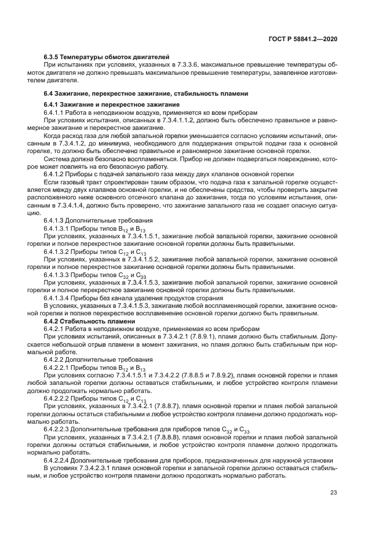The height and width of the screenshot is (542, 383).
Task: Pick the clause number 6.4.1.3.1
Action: (59, 229)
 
